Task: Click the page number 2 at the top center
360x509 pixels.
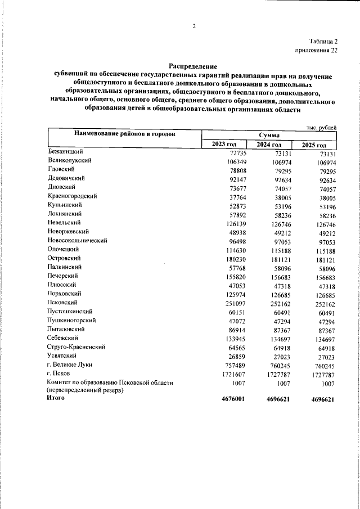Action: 193,26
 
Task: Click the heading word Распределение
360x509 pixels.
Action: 193,66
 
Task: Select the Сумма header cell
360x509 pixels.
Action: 269,136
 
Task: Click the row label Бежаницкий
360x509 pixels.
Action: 66,152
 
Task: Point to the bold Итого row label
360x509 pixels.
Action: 57,398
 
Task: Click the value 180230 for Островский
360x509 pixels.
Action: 228,259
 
